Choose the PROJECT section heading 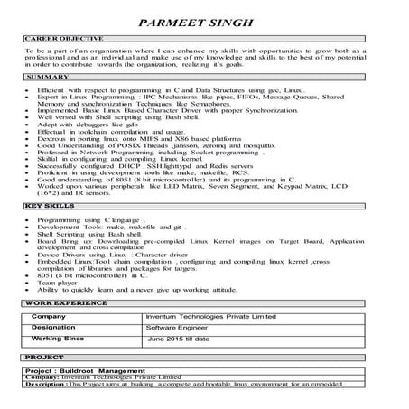point(43,360)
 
